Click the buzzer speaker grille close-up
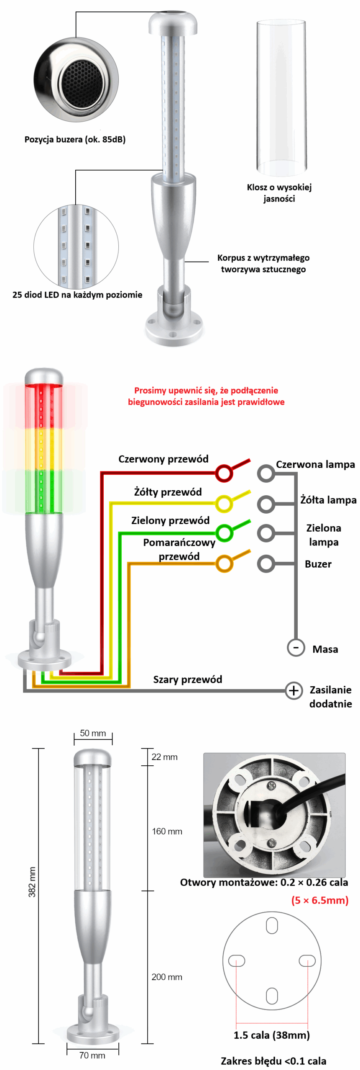(x=76, y=80)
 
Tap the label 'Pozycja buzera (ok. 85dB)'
(x=75, y=139)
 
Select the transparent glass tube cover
(x=281, y=98)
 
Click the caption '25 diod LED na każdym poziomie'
(x=77, y=295)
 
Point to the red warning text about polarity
(x=206, y=396)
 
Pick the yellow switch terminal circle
(x=224, y=503)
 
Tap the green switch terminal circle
(x=224, y=532)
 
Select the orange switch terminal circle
(x=224, y=563)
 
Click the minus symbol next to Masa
(x=296, y=647)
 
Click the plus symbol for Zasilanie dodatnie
(x=294, y=690)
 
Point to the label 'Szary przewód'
(x=187, y=679)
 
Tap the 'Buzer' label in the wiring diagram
(x=318, y=564)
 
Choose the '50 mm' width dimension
(x=93, y=733)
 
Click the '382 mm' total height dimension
(x=32, y=881)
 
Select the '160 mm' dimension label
(x=167, y=831)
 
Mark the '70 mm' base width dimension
(x=92, y=1055)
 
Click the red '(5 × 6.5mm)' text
(x=320, y=900)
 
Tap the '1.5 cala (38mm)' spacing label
(x=271, y=1035)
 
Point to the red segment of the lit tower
(x=43, y=405)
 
